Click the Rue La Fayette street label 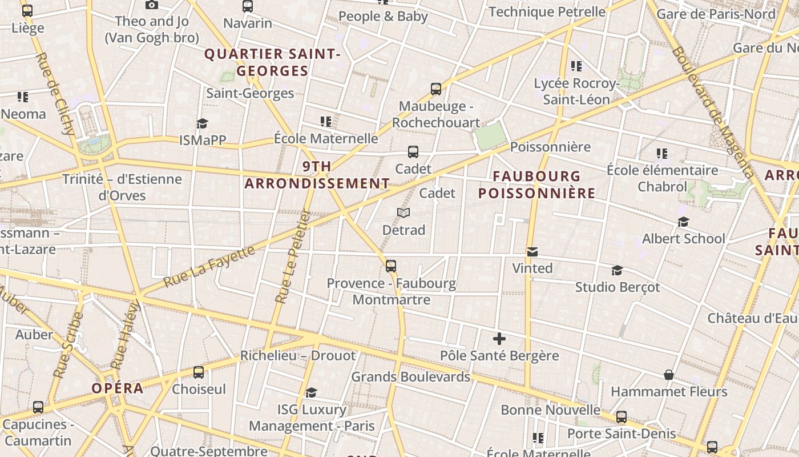pos(209,267)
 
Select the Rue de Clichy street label pos(56,94)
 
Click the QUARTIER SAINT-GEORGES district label pos(272,62)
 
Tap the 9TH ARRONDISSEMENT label pos(317,175)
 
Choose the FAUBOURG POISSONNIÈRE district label pos(536,185)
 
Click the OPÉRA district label pos(118,388)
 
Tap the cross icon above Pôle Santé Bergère pos(499,339)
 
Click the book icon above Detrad pos(403,213)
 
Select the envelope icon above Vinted pos(532,252)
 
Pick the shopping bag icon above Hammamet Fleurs pos(669,375)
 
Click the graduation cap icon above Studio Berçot pos(617,270)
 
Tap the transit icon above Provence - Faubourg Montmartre pos(391,266)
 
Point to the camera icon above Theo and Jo pos(152,5)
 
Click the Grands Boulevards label pos(410,376)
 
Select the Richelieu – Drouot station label pos(297,355)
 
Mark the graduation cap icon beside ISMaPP pos(202,123)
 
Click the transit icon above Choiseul pos(199,372)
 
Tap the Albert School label pos(683,238)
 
